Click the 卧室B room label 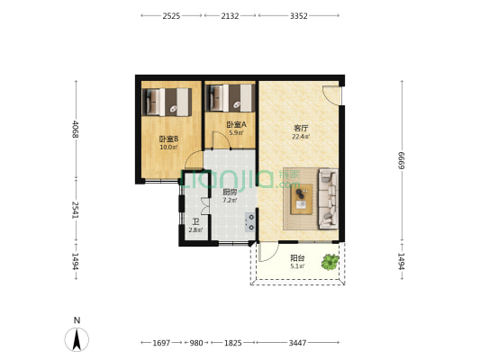168,139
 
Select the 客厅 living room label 301,128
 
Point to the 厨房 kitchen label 230,193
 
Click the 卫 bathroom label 195,222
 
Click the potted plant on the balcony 331,262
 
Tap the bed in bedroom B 168,100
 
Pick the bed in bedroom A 231,96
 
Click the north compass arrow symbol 78,338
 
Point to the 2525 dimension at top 172,15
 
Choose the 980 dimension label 197,343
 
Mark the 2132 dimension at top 231,15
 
